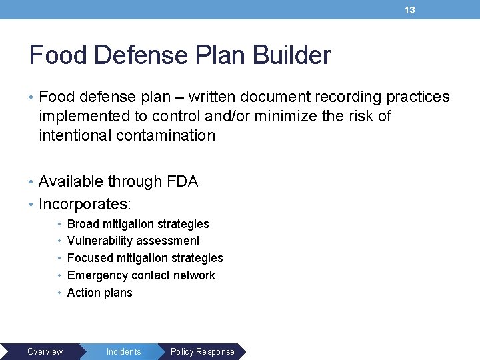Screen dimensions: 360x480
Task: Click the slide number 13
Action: (x=410, y=10)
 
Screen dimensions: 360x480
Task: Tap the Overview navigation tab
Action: (x=45, y=351)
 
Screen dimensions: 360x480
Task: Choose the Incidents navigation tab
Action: (x=123, y=351)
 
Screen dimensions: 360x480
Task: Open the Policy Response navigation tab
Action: (x=203, y=351)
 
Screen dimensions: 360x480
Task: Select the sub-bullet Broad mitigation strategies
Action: (x=138, y=224)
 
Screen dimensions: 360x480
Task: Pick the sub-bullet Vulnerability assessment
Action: (x=133, y=241)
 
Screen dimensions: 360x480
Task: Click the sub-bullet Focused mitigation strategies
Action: (x=145, y=258)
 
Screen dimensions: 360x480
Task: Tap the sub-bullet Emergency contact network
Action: (x=141, y=275)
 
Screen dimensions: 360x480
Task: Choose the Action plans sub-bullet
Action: (x=99, y=293)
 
